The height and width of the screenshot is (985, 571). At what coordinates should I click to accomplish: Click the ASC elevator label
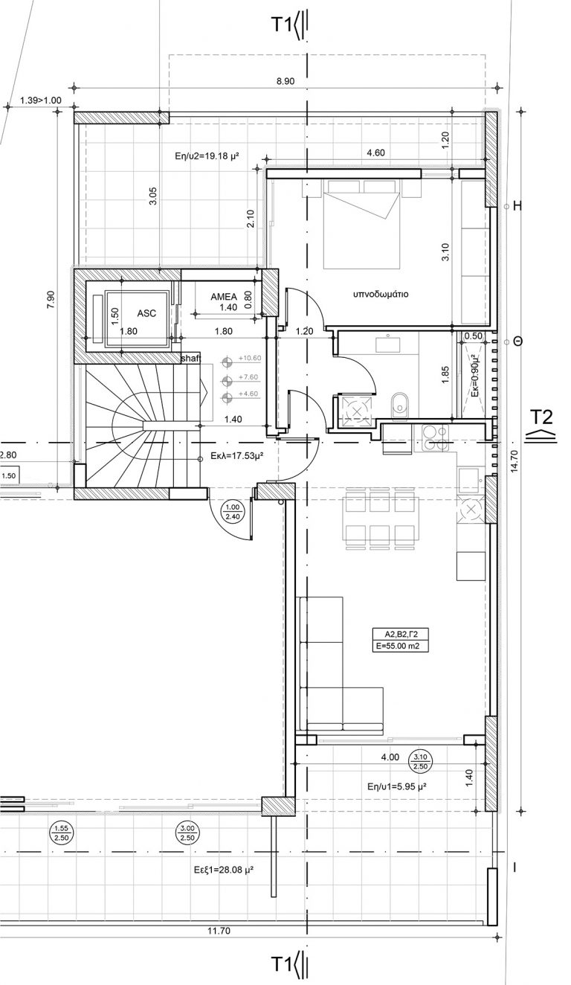(x=146, y=313)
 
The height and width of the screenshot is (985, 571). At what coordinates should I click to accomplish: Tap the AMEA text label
(x=224, y=296)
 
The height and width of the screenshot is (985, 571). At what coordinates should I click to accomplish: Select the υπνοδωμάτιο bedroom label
(x=381, y=294)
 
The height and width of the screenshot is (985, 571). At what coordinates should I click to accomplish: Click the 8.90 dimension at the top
(x=285, y=81)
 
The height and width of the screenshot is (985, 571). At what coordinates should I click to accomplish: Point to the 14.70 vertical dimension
(x=514, y=461)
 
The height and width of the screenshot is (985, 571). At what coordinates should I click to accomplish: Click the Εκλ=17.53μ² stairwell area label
(x=236, y=456)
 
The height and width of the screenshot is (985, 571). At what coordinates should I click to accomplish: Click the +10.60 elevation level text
(x=250, y=358)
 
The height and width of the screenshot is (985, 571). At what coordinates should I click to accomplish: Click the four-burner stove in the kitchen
(x=435, y=437)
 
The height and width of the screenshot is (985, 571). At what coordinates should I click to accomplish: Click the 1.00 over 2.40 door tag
(x=233, y=513)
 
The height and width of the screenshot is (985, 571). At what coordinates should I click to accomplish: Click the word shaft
(x=191, y=359)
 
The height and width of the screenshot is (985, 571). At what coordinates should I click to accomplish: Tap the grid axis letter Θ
(x=517, y=341)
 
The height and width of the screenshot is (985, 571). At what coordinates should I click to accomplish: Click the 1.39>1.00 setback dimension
(x=40, y=100)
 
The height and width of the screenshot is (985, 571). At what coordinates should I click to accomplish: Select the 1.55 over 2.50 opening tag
(x=59, y=833)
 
